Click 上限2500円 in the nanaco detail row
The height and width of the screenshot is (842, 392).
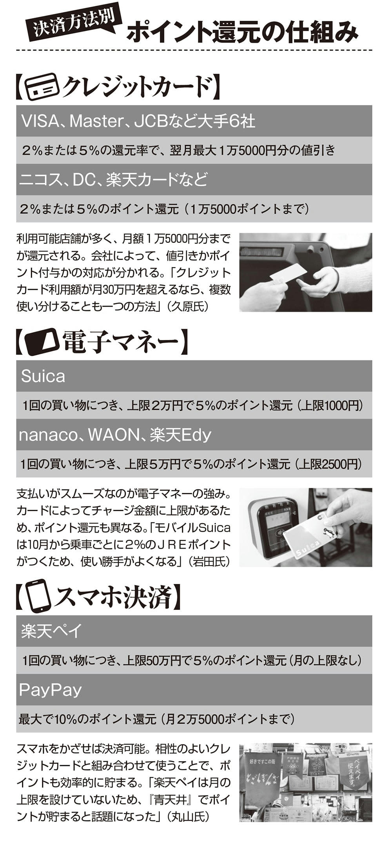(x=329, y=464)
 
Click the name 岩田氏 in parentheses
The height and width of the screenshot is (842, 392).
(x=209, y=561)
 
